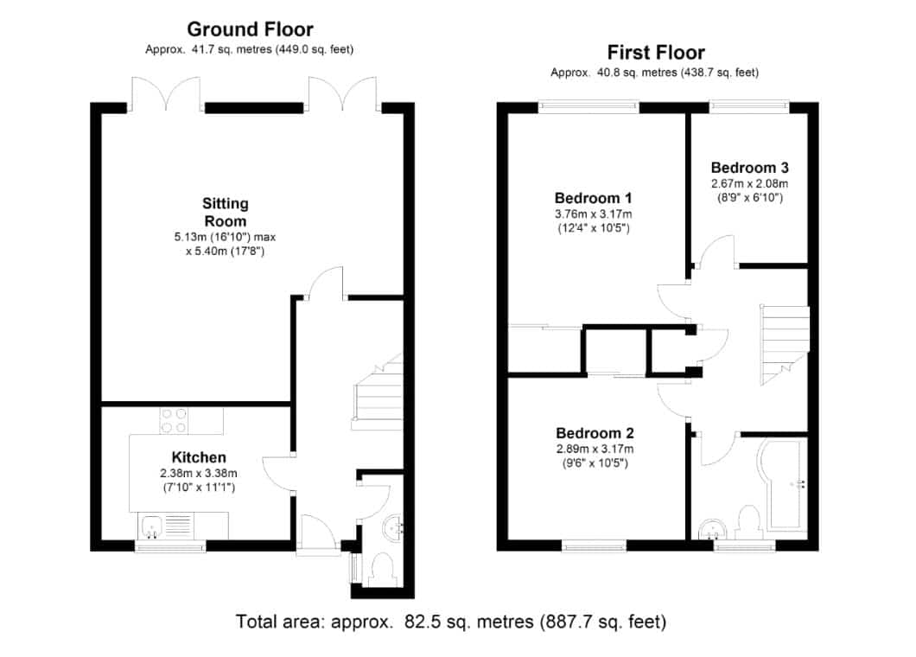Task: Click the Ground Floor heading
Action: click(x=250, y=29)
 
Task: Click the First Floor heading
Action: click(x=656, y=53)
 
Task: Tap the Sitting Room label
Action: click(x=226, y=212)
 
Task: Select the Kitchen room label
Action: click(x=199, y=457)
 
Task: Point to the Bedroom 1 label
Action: click(x=593, y=198)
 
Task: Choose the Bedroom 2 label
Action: click(x=595, y=433)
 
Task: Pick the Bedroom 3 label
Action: click(x=749, y=168)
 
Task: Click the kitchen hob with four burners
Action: click(x=174, y=421)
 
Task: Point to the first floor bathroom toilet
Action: click(x=748, y=522)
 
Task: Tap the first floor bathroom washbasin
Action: click(x=712, y=529)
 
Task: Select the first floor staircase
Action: click(x=785, y=345)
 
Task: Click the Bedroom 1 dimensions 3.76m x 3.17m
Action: click(x=593, y=214)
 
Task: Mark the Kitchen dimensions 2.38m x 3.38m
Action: click(x=199, y=474)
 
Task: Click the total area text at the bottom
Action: click(x=450, y=622)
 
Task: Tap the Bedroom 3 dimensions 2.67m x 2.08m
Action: click(x=749, y=183)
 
